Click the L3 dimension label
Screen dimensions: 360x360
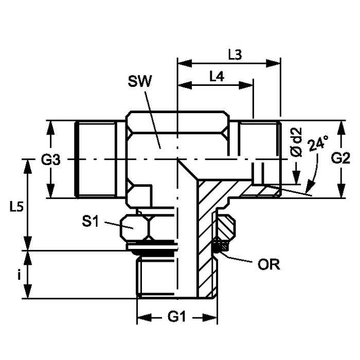pyautogui.click(x=235, y=55)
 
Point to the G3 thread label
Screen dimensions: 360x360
pyautogui.click(x=51, y=160)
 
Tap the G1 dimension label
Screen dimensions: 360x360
pyautogui.click(x=176, y=317)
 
